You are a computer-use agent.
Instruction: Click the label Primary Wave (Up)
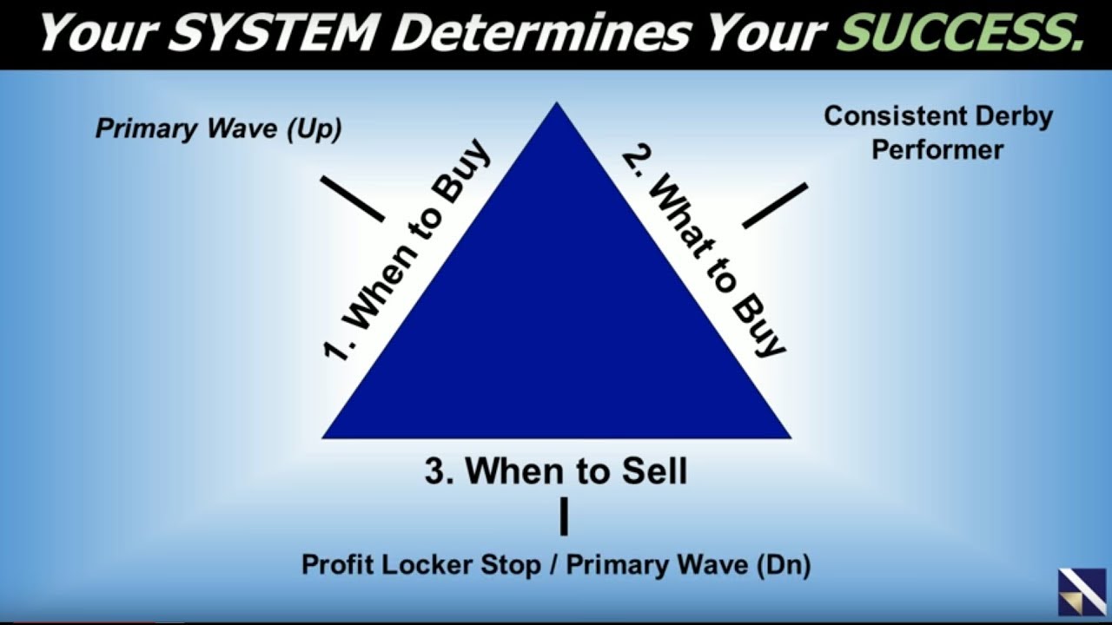(218, 129)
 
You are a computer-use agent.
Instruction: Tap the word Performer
(937, 149)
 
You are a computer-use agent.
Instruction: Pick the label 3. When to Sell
(556, 471)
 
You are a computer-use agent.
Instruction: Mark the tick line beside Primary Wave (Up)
(352, 199)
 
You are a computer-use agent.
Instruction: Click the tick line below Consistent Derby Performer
(775, 206)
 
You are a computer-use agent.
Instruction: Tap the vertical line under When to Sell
(564, 516)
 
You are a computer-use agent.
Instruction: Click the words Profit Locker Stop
(420, 565)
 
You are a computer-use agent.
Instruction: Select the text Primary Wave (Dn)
(689, 565)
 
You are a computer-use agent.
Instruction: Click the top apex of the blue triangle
(556, 106)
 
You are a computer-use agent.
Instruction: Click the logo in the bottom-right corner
(1082, 592)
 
